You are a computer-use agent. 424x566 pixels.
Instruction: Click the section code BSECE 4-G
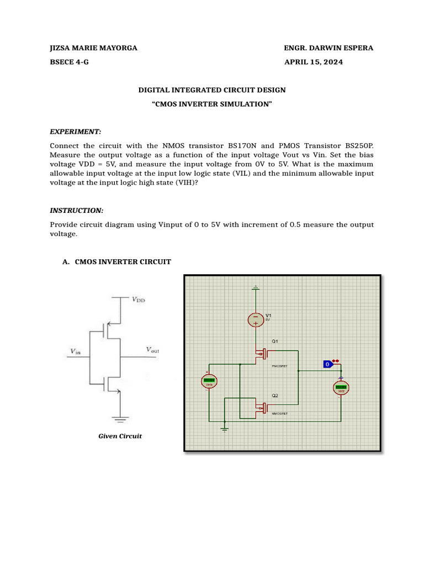click(x=69, y=62)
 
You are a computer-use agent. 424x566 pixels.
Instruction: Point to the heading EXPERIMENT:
click(x=76, y=132)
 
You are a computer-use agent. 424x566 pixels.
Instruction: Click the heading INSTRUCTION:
click(x=77, y=211)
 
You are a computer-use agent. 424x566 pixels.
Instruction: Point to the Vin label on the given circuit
click(x=75, y=351)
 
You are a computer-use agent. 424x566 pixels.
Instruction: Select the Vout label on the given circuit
click(x=152, y=349)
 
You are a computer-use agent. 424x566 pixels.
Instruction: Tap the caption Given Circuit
click(x=120, y=436)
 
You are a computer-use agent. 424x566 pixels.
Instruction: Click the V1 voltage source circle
click(x=256, y=319)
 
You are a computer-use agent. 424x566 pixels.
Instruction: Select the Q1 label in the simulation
click(x=275, y=341)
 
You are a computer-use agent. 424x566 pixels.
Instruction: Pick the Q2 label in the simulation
click(x=275, y=396)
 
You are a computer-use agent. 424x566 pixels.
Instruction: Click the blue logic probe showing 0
click(x=328, y=364)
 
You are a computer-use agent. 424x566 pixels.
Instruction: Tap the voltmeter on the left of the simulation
click(x=209, y=381)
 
